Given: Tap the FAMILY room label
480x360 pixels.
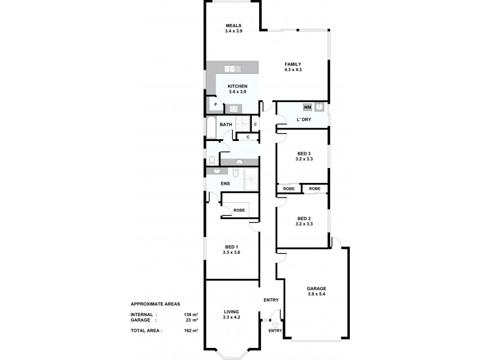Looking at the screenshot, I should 293,64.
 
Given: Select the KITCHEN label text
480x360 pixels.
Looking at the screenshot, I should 238,86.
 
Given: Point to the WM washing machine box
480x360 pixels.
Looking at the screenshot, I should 307,107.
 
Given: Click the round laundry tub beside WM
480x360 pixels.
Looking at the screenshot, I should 321,107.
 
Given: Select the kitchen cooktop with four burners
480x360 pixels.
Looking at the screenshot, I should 233,109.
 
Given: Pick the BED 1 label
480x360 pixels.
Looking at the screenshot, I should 232,247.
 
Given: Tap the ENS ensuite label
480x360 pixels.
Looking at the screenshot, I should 226,183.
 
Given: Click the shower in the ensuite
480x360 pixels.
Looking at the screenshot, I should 251,177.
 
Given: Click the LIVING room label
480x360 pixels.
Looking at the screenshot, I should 232,311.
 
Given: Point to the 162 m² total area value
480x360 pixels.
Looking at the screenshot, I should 191,331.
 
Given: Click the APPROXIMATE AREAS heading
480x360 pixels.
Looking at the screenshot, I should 155,304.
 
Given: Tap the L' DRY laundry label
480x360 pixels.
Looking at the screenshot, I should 304,120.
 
